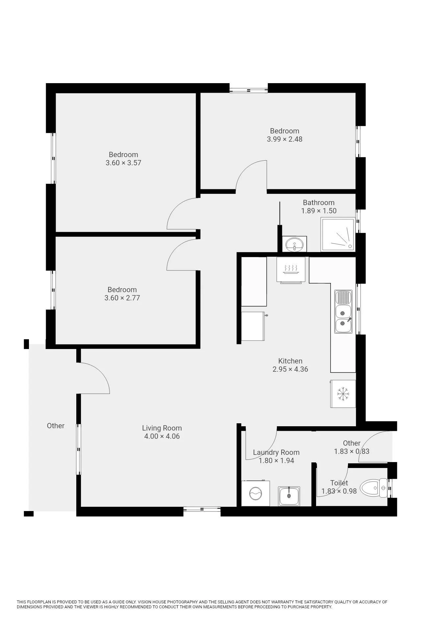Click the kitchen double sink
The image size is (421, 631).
coord(343,312)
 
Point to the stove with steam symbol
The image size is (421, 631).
coord(291,269)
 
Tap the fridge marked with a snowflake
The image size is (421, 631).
coord(343,394)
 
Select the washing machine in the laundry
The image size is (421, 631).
coord(256,493)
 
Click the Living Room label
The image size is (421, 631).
coord(162,428)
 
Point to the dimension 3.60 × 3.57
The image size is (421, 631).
coord(123,163)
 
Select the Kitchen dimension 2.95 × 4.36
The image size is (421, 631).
coord(290,369)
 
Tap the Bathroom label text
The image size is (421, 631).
coord(319,202)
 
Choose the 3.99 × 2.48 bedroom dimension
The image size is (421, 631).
coord(285,139)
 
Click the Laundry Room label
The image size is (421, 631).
coord(276,452)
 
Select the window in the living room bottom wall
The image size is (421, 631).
coord(202,509)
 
